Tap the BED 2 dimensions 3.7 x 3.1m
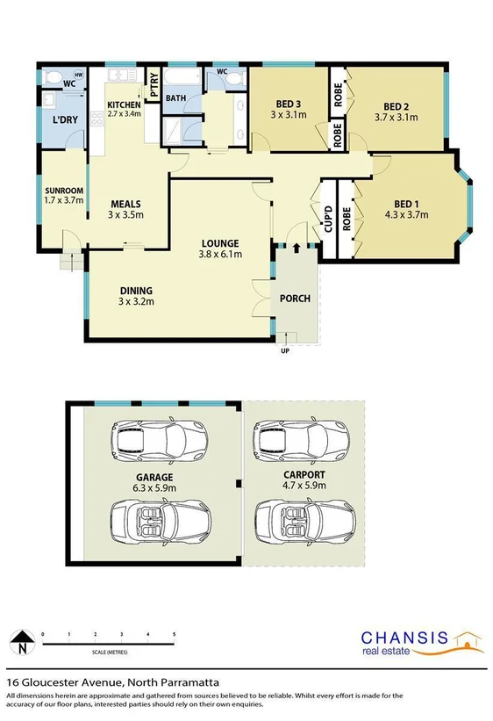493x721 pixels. pyautogui.click(x=392, y=116)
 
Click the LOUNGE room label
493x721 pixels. pyautogui.click(x=220, y=243)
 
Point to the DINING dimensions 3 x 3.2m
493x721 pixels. pyautogui.click(x=137, y=302)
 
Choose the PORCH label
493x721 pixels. pyautogui.click(x=295, y=299)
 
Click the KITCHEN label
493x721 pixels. pyautogui.click(x=125, y=104)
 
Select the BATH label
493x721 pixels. pyautogui.click(x=175, y=98)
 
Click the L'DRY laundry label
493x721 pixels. pyautogui.click(x=65, y=119)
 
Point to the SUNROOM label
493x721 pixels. pyautogui.click(x=64, y=191)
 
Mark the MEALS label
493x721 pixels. pyautogui.click(x=125, y=203)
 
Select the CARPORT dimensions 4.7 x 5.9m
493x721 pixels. pyautogui.click(x=304, y=483)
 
